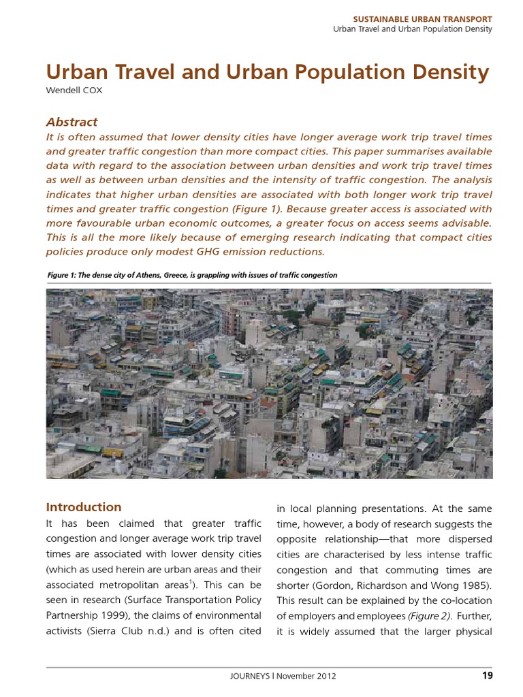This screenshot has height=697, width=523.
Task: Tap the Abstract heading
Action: click(72, 123)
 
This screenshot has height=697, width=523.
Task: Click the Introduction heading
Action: click(83, 507)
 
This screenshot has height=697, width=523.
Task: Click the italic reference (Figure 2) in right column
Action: click(428, 616)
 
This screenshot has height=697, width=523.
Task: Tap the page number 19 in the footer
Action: click(486, 676)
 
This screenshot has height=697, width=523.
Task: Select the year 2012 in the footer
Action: click(326, 677)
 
